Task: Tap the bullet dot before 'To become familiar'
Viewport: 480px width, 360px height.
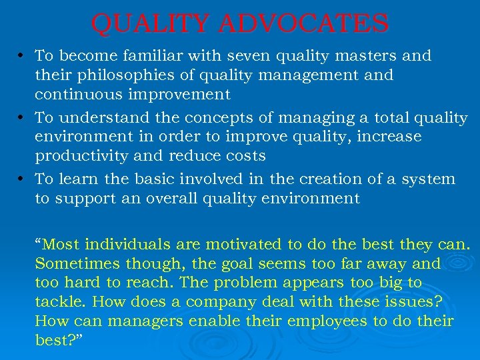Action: (23, 55)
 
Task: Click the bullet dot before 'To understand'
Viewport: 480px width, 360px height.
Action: (23, 118)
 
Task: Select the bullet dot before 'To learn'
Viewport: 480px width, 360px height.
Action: (23, 179)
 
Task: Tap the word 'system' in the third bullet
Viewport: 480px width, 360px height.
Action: (430, 179)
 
